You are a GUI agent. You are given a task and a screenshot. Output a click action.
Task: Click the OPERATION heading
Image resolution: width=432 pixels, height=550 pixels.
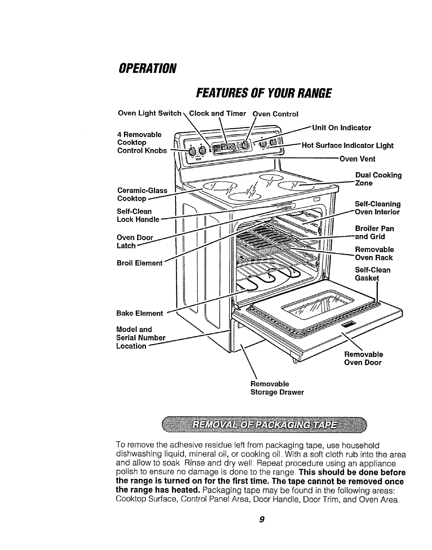[x=148, y=67]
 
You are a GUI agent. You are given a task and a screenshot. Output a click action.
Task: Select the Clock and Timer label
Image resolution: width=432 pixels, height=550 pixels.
[x=218, y=114]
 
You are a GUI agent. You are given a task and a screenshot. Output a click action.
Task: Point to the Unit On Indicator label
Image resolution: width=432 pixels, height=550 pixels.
[x=342, y=128]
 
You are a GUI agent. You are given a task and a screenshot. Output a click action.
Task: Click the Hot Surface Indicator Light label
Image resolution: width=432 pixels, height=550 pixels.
[x=348, y=145]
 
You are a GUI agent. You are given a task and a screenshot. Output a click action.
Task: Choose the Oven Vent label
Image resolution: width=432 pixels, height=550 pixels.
[x=357, y=159]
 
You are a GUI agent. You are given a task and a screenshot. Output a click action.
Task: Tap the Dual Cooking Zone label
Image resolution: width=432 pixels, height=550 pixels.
[x=378, y=179]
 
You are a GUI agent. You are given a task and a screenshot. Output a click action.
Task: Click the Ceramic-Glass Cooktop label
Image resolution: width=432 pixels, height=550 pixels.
[x=142, y=194]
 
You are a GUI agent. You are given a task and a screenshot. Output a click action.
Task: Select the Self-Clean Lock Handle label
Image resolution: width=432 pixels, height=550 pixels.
[x=138, y=215]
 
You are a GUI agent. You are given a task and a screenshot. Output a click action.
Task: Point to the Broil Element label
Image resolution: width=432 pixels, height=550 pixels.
[x=140, y=263]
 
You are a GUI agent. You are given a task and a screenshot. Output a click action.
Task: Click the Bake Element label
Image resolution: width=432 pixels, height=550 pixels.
[x=140, y=313]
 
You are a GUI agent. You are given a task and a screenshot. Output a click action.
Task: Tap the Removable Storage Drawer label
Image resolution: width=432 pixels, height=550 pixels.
[x=277, y=388]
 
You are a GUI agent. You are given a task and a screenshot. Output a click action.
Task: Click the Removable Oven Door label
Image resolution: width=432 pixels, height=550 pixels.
[x=363, y=358]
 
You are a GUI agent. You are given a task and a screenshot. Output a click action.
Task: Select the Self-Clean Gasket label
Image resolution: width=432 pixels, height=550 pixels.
[x=373, y=274]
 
